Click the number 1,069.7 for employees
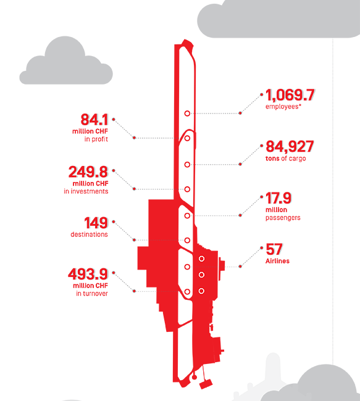pos(290,95)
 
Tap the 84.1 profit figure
pos(94,120)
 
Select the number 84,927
pos(290,147)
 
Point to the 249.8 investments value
pos(88,172)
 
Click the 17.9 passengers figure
pos(278,198)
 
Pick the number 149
pos(96,223)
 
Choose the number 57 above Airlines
pos(274,249)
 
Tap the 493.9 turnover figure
pos(88,274)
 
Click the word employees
pos(282,106)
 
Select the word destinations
pos(89,234)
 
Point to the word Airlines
pos(277,261)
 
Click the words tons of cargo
pos(285,159)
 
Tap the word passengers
pos(283,218)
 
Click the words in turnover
pos(92,293)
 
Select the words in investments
pos(86,191)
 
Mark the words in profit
pos(96,139)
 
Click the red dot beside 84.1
pos(114,119)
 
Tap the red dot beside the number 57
pos(262,247)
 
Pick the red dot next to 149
pos(114,221)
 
